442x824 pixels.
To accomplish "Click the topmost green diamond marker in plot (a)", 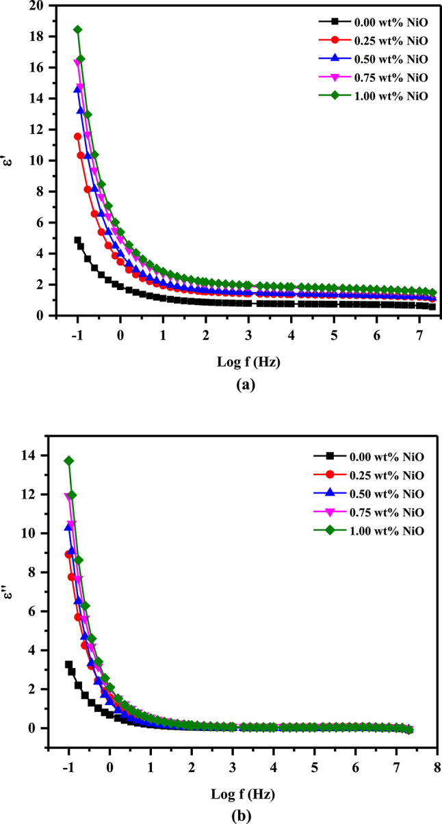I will click(x=77, y=29).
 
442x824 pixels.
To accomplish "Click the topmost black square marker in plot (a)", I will click(x=77, y=240).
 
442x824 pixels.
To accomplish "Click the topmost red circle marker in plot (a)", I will click(x=77, y=137).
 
